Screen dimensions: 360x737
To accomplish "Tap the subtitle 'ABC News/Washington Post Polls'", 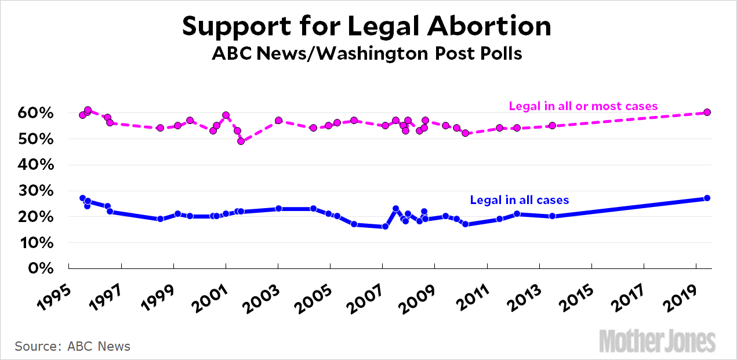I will [366, 54].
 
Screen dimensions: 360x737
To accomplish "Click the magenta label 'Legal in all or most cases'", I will [583, 106].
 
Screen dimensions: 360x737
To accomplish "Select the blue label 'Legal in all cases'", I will [519, 200].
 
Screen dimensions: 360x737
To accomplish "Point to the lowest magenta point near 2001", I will [241, 141].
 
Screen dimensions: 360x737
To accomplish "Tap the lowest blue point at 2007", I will [385, 227].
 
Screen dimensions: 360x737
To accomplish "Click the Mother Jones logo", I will [657, 340].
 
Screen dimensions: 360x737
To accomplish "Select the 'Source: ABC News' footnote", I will [72, 347].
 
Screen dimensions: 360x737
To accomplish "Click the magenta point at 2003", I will [278, 121].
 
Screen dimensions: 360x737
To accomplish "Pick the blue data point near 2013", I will [552, 216].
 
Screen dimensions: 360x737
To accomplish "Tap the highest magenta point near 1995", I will [88, 110].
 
